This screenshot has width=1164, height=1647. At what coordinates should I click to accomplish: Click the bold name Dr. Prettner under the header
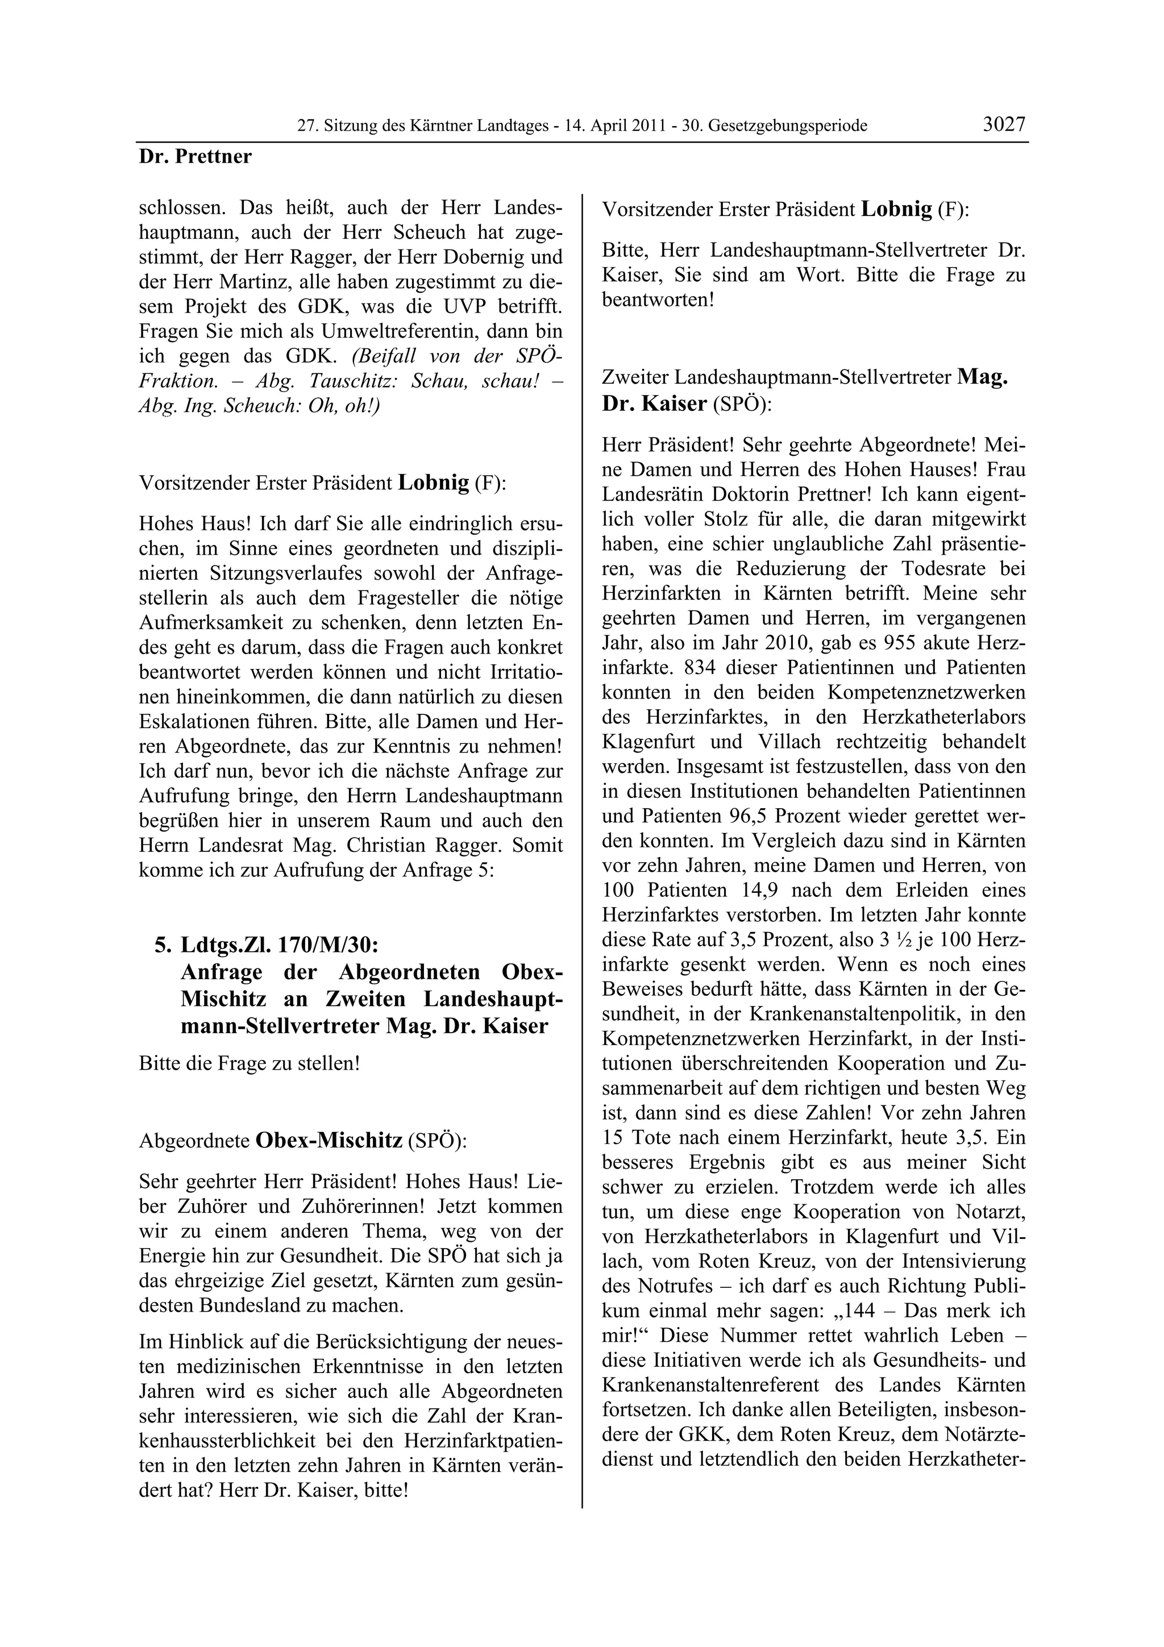click(195, 157)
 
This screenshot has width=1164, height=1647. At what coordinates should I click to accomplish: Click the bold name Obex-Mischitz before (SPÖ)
click(329, 1141)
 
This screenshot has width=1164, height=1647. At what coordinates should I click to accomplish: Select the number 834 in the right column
click(701, 668)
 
